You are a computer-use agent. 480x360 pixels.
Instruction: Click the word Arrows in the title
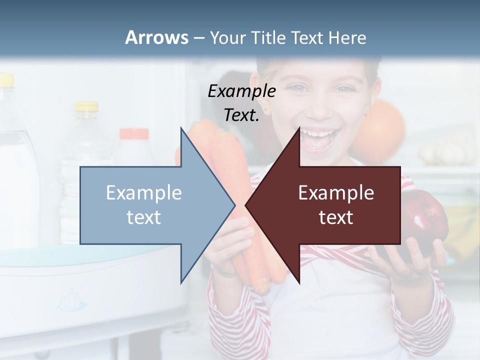click(156, 37)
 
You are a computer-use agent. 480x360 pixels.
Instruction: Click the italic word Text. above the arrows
click(241, 115)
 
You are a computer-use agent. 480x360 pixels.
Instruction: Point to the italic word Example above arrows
click(241, 91)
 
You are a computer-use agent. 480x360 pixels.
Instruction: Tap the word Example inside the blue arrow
click(144, 193)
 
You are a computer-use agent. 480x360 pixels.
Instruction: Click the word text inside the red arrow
click(336, 217)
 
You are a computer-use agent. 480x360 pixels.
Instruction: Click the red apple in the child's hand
click(425, 225)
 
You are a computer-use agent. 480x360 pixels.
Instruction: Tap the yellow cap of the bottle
click(86, 106)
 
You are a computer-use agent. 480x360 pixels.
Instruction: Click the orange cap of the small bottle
click(133, 134)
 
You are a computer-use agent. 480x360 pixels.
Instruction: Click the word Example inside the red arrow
click(336, 193)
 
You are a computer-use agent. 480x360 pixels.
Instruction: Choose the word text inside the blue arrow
click(144, 217)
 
